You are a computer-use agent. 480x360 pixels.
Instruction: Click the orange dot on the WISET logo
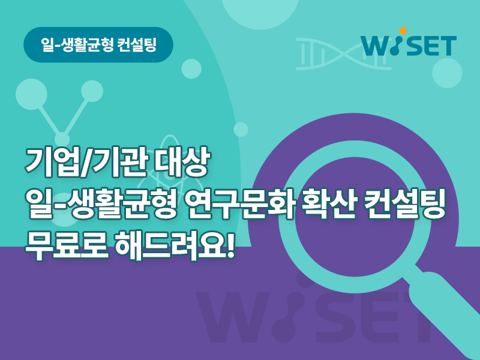coord(403,31)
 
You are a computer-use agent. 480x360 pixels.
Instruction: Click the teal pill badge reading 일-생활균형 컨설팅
coord(98,44)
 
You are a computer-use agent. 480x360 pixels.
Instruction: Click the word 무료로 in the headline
coord(67,245)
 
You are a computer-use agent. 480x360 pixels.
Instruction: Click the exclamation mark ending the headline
coord(230,245)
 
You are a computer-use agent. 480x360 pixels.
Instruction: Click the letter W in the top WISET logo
coord(376,46)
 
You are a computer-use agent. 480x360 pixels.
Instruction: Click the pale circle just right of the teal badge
coord(191,69)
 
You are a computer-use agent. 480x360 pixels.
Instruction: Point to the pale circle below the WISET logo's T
coord(447,73)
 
